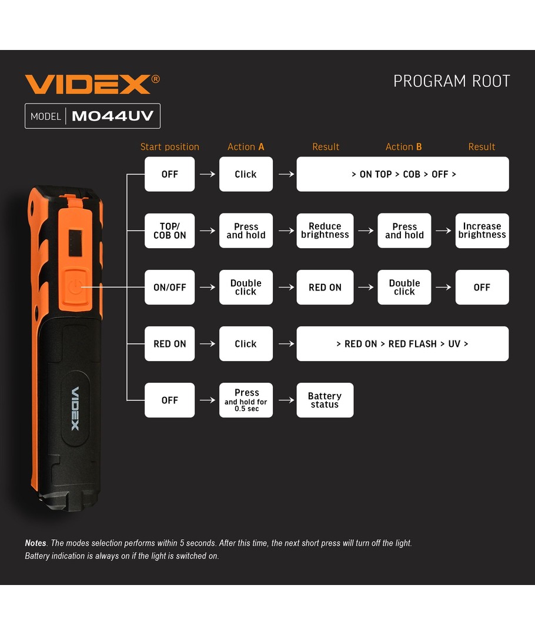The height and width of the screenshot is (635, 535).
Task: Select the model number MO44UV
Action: click(113, 116)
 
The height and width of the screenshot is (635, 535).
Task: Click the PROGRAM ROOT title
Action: click(452, 81)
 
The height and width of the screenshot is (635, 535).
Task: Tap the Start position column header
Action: click(170, 146)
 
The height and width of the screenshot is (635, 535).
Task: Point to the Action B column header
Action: click(404, 146)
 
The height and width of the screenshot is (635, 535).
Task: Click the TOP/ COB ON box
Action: click(170, 230)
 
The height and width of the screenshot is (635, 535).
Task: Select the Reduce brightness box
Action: click(325, 230)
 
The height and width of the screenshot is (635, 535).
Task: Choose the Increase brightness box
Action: click(482, 230)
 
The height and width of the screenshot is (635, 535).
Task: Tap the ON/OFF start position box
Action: click(170, 287)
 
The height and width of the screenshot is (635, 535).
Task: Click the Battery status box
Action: click(325, 400)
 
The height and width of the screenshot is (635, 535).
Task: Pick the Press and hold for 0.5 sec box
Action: click(246, 400)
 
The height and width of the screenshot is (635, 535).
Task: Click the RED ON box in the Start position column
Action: click(170, 344)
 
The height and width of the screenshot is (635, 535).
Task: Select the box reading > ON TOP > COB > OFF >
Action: click(403, 174)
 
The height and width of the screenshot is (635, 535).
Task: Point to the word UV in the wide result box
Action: click(454, 344)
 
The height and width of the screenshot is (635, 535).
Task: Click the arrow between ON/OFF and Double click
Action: click(208, 287)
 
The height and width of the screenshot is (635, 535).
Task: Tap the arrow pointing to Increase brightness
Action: click(443, 230)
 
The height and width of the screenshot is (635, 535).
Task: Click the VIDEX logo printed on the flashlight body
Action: click(75, 409)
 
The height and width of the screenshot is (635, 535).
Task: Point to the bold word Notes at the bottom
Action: click(36, 543)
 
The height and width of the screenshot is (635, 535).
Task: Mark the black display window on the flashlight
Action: click(75, 243)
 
